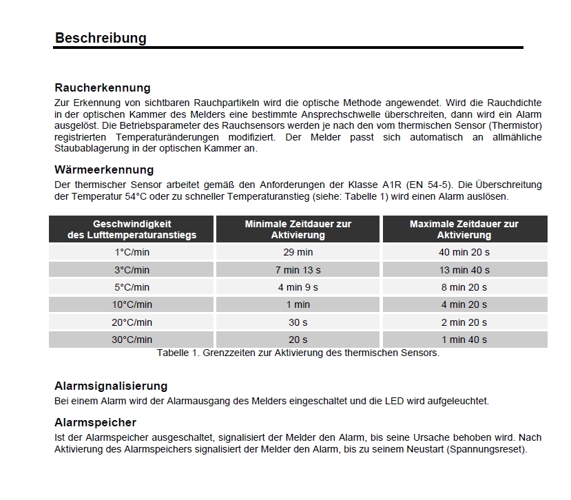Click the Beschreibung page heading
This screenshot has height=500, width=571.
[101, 38]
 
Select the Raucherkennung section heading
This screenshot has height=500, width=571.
[102, 87]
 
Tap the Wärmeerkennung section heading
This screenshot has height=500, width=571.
[104, 169]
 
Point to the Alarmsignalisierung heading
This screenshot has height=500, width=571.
[111, 386]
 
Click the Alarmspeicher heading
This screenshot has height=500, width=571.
[95, 422]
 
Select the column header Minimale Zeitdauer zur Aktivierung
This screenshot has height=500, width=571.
[298, 229]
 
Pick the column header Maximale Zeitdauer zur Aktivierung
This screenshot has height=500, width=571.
[464, 229]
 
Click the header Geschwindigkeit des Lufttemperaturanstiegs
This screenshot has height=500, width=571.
[132, 229]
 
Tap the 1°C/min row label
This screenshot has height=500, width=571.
[132, 252]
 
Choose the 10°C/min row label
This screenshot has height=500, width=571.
[132, 304]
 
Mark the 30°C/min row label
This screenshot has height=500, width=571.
[132, 340]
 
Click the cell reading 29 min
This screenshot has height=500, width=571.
[298, 252]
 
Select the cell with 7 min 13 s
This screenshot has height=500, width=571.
[298, 270]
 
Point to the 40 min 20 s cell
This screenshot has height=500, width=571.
[464, 252]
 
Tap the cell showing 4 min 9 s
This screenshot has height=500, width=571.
[298, 287]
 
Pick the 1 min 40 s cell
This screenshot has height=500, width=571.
[464, 340]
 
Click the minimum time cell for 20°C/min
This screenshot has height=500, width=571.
[298, 322]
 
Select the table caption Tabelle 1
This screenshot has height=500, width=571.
[298, 353]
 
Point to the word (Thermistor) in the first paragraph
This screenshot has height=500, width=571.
[516, 125]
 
